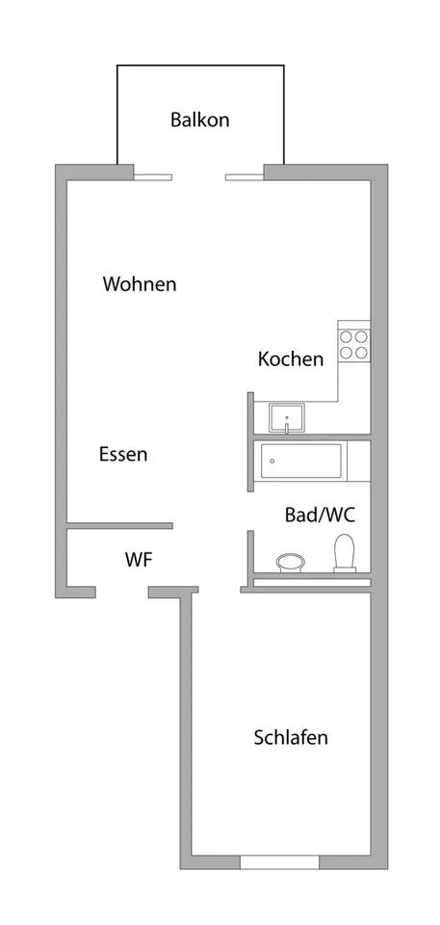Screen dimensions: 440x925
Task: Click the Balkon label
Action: click(199, 119)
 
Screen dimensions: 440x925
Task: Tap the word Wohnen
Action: click(140, 283)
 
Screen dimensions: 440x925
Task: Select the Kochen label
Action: click(291, 358)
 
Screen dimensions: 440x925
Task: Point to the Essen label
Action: click(122, 455)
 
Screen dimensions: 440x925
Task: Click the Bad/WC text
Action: click(321, 515)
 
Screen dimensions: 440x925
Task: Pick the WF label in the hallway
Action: click(139, 559)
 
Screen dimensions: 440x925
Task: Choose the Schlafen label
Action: click(291, 737)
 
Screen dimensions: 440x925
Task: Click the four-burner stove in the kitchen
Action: click(354, 345)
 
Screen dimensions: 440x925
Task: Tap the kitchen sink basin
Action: click(287, 417)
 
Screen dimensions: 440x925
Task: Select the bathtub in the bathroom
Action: click(301, 462)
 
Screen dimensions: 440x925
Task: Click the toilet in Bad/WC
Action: click(345, 553)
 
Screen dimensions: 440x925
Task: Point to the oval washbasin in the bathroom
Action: click(290, 562)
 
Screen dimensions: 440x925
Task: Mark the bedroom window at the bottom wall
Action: click(279, 861)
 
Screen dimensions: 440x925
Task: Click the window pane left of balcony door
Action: click(153, 176)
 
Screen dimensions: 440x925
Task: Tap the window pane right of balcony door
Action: click(245, 176)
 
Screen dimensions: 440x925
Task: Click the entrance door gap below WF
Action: click(121, 592)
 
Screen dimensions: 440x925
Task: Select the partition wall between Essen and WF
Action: click(119, 526)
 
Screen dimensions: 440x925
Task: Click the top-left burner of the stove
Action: click(347, 337)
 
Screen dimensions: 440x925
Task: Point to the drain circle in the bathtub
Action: click(272, 462)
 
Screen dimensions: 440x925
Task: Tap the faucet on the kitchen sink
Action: click(287, 428)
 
